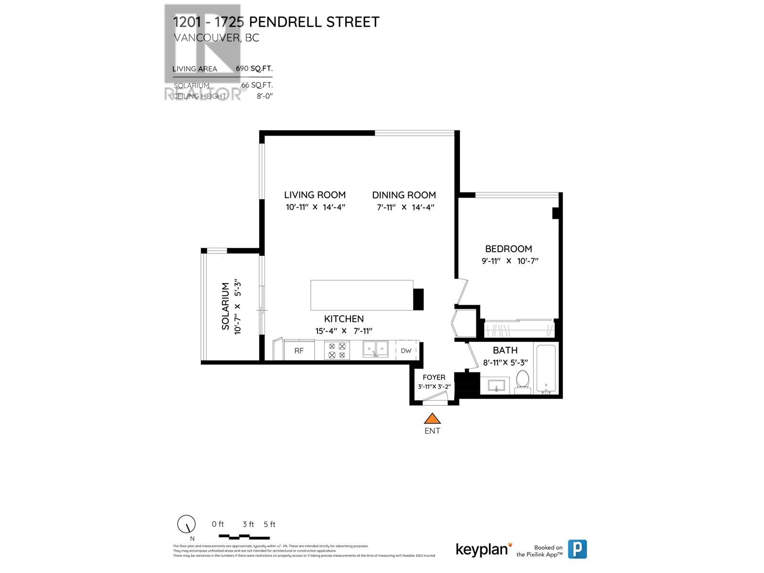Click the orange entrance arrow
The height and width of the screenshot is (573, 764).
tap(432, 419)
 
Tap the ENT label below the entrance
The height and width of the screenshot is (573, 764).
tap(432, 431)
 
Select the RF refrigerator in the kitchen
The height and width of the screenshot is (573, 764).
tap(299, 351)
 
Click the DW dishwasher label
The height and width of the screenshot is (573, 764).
tap(406, 351)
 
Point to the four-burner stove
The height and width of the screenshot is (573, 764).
tap(337, 350)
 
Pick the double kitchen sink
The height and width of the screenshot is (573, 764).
tap(375, 349)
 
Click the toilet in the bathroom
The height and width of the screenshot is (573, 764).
tap(523, 382)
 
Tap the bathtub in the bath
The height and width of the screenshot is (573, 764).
tap(546, 368)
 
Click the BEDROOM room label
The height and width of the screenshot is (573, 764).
tap(509, 249)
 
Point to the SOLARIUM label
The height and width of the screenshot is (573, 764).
tap(225, 306)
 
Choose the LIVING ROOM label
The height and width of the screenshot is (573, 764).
tap(315, 195)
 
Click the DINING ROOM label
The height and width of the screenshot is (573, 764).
tap(404, 195)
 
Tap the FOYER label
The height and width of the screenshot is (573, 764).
tap(434, 377)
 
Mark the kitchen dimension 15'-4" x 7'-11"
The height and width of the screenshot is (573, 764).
tap(343, 331)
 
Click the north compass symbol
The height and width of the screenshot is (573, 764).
tap(186, 524)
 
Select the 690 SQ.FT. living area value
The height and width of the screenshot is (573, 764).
tap(254, 68)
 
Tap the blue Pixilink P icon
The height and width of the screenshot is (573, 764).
tap(577, 549)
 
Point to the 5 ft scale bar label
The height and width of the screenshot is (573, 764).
tap(269, 524)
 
